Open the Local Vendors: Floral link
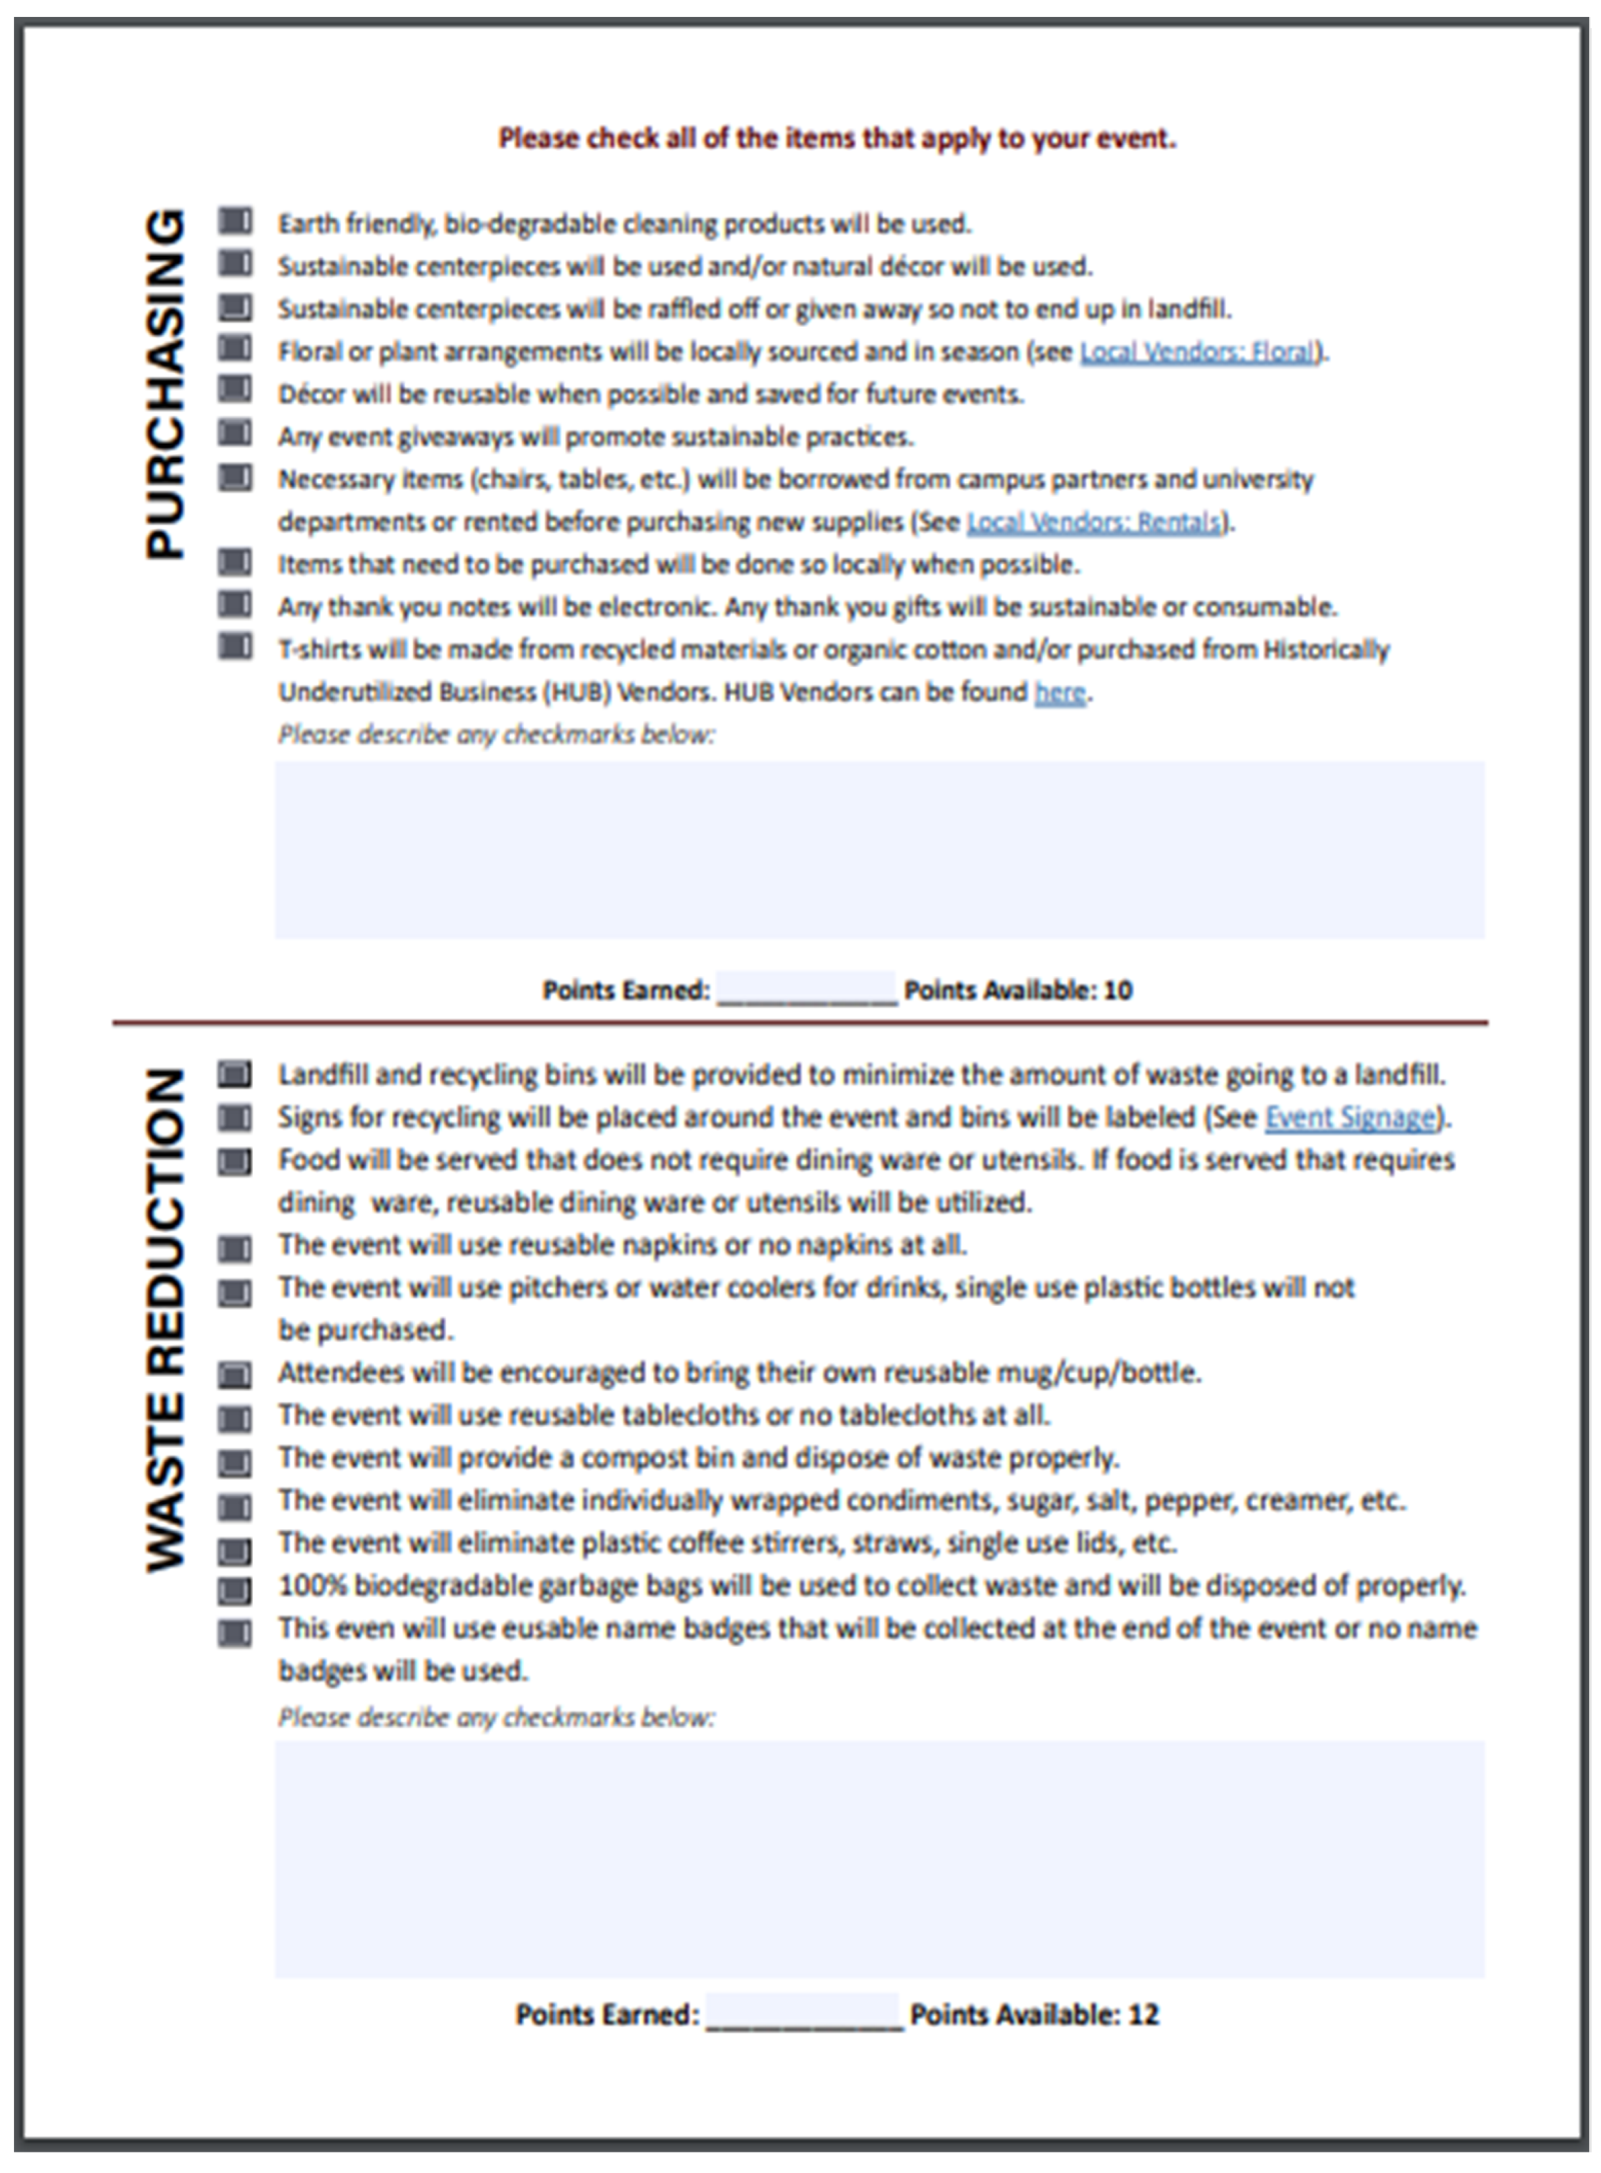[1198, 352]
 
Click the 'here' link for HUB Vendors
[1059, 693]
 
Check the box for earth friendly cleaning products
[234, 222]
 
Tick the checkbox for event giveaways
[234, 433]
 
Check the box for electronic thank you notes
[234, 605]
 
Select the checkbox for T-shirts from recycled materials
[234, 647]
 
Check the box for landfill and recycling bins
[234, 1074]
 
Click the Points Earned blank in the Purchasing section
[806, 989]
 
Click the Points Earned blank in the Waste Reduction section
[804, 2013]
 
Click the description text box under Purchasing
[879, 849]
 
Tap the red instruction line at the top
[838, 139]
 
